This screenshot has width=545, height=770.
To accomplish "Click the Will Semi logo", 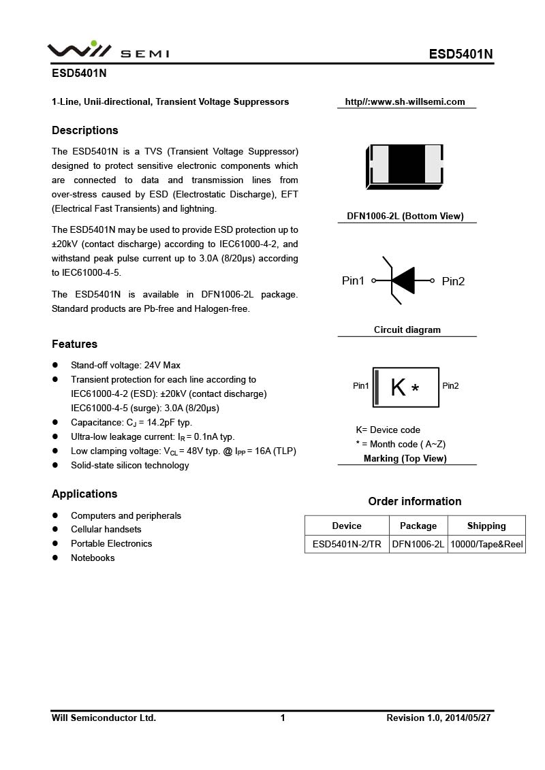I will pos(108,50).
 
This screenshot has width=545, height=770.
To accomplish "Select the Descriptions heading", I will pos(85,131).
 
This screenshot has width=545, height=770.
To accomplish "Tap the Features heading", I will pos(74,344).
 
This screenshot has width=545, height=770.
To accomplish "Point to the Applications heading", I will pos(84,494).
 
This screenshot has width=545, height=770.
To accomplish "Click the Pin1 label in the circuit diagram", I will pos(353,281).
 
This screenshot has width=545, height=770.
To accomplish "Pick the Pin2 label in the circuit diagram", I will pos(453,281).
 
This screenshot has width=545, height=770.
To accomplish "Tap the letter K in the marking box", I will pos(398,387).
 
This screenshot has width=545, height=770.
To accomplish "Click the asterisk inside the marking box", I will pos(416,389).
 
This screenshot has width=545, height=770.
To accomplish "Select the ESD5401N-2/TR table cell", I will pos(347,545).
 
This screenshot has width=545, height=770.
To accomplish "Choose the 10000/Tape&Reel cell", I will pos(486,545).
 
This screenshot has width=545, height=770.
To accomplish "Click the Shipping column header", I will pos(486,526).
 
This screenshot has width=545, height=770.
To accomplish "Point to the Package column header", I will pos(418,526).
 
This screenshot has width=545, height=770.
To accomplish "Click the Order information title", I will pos(415,502).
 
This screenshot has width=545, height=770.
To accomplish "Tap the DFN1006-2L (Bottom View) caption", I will pos(405,216).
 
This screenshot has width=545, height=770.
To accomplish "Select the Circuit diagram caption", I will pos(407,330).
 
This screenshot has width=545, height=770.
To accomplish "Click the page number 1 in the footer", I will pos(283,718).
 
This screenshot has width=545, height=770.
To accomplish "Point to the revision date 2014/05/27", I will pos(468,718).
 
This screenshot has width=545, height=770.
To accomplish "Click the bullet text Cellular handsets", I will pos(106,530).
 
